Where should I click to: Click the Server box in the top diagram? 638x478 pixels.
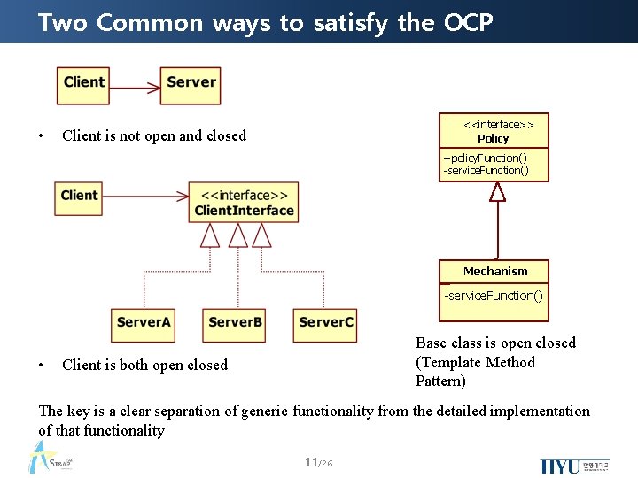(191, 83)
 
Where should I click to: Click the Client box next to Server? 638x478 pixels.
(84, 83)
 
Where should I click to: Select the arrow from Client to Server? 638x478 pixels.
(136, 89)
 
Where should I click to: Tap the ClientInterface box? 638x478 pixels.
(244, 202)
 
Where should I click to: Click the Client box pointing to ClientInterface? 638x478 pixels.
(80, 196)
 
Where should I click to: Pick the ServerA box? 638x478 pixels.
(143, 323)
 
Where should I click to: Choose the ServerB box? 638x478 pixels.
(235, 323)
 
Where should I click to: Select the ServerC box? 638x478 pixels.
(326, 323)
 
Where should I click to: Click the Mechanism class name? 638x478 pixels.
(494, 272)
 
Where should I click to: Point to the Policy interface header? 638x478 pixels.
(494, 131)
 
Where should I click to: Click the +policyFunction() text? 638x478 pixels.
(485, 158)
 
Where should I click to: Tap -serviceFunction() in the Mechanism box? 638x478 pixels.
(494, 296)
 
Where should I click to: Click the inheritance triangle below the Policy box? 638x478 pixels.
(497, 191)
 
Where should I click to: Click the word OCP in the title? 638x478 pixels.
(464, 22)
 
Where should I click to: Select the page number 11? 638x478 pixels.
(310, 462)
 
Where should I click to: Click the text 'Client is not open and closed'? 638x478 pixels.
(154, 135)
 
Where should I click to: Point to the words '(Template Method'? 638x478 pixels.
(475, 362)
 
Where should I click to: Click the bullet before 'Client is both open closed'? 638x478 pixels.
(42, 365)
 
